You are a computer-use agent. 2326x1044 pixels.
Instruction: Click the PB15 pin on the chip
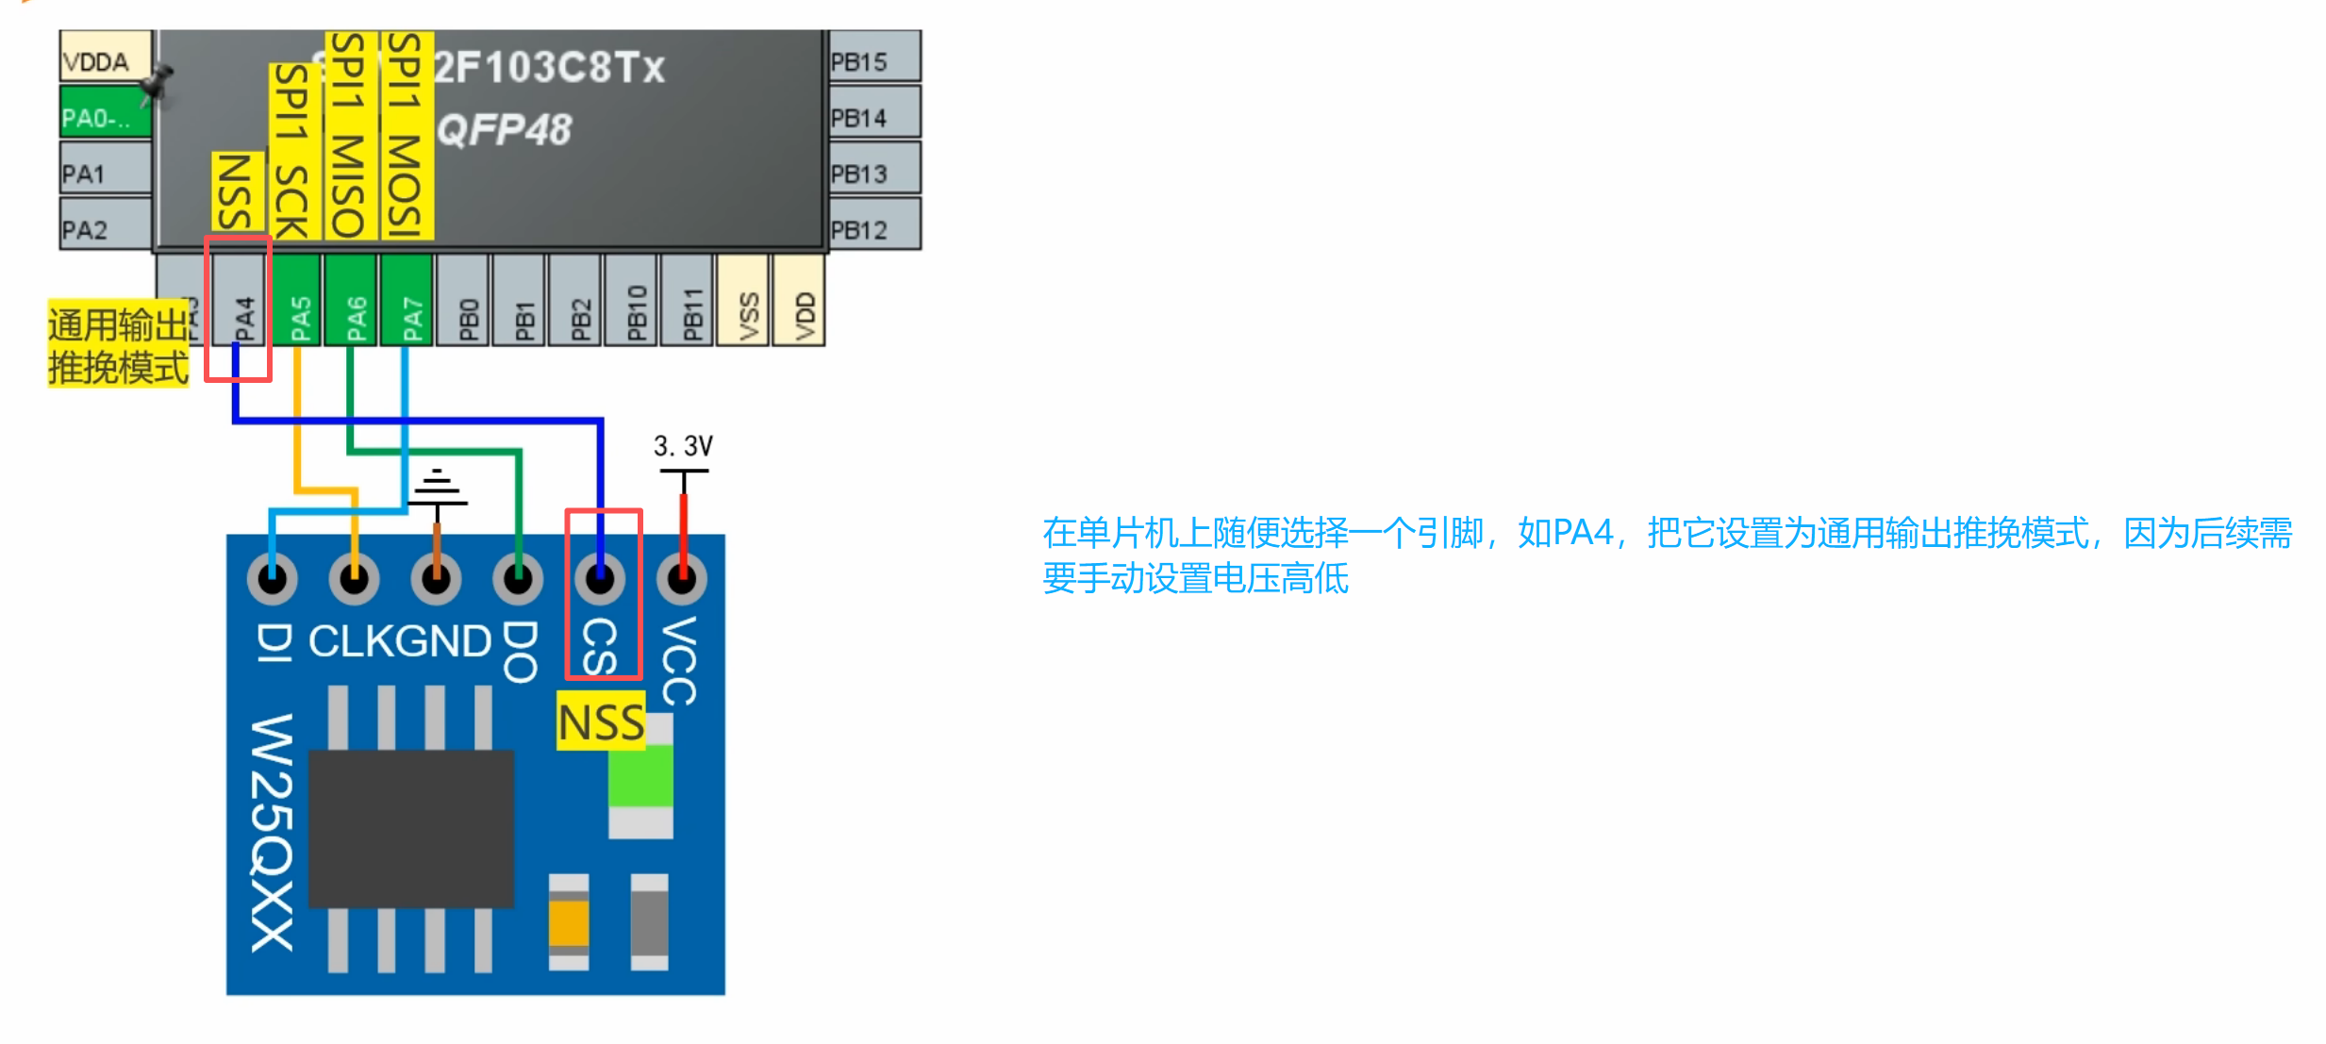873,58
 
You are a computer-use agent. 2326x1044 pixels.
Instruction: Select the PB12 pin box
873,227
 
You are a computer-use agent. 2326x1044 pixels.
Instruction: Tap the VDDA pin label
104,58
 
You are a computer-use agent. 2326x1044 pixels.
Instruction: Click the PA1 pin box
104,171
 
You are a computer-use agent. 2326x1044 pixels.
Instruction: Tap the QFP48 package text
505,130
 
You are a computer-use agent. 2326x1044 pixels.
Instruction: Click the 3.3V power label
683,445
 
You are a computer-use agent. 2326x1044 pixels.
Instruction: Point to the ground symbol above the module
437,488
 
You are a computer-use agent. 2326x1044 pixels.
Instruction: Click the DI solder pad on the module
273,577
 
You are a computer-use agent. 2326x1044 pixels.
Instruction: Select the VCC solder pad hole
682,577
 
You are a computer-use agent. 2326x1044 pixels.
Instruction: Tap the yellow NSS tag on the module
601,722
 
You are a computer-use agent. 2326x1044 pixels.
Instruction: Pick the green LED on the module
640,774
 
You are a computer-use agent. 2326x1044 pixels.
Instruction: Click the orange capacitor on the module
569,922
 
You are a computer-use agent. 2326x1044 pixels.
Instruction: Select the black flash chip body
411,828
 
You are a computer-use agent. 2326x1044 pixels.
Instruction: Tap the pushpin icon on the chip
156,83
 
